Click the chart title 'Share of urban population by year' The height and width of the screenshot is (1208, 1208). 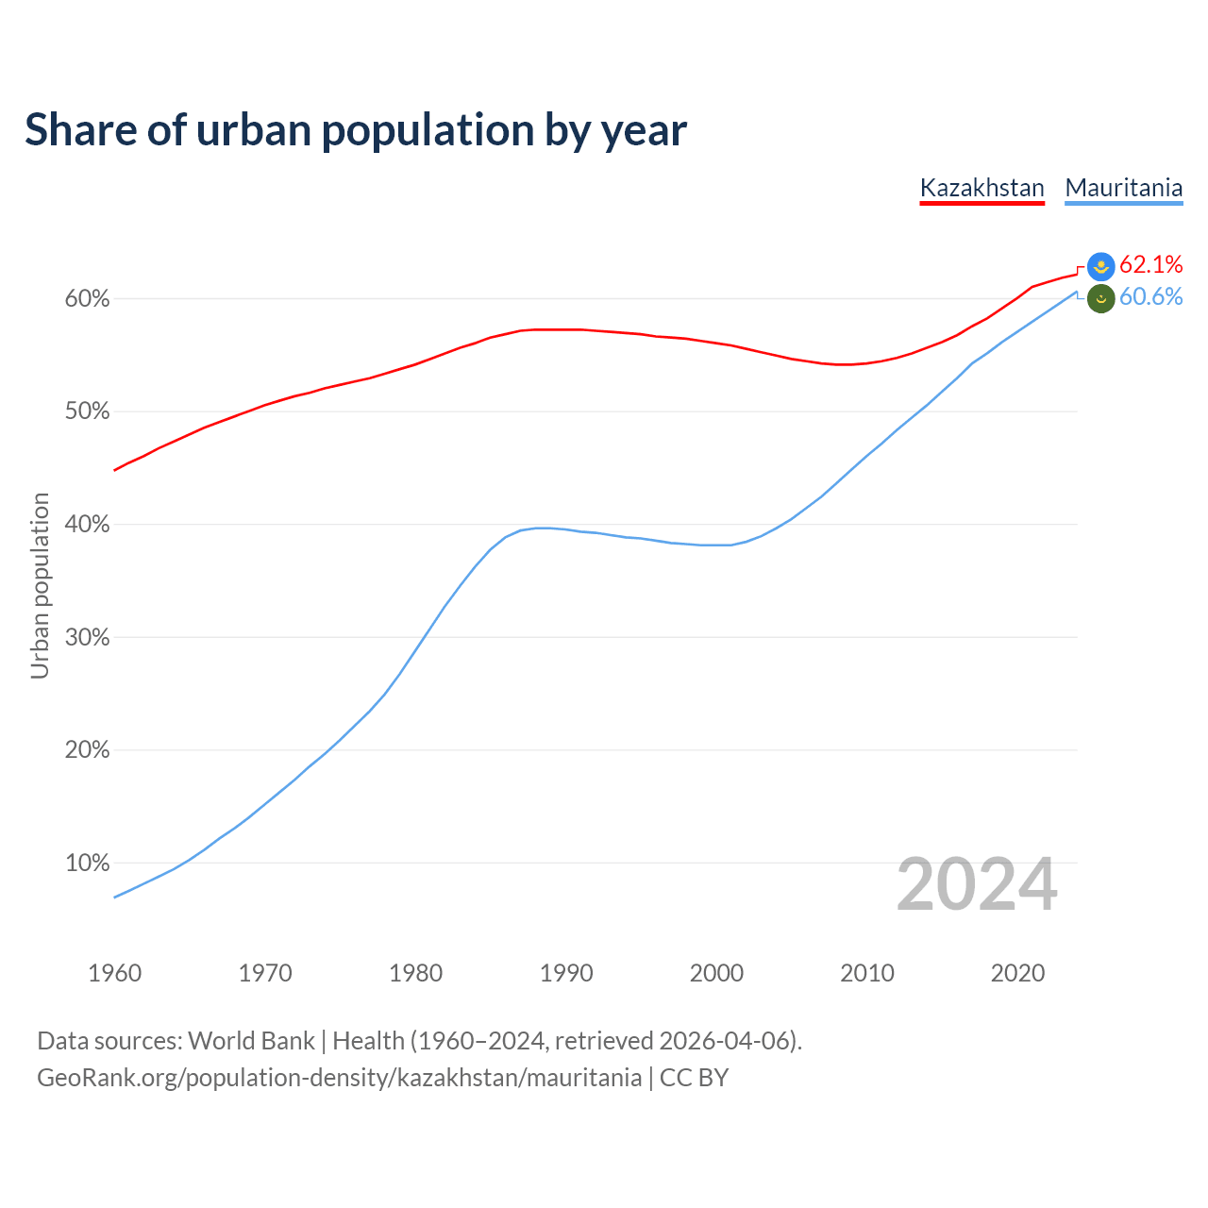356,130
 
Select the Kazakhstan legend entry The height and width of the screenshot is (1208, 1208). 981,188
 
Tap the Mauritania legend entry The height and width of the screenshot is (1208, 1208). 1123,188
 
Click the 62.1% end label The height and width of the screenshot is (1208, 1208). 1150,264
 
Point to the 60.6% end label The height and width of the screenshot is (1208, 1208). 1150,297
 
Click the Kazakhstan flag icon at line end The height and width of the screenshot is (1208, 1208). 1101,266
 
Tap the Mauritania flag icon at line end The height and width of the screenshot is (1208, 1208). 1101,298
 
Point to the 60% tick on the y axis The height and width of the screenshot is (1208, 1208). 87,299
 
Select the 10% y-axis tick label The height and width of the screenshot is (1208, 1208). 87,864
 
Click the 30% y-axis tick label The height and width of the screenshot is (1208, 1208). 87,638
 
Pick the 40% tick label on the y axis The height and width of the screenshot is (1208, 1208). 87,525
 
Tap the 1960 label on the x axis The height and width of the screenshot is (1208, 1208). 114,973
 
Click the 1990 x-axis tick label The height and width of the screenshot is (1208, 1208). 566,973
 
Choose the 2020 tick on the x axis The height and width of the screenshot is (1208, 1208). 1017,973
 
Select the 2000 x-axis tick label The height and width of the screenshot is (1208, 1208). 716,973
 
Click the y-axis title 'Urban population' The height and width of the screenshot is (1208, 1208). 40,585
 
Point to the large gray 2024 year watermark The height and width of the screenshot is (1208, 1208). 977,884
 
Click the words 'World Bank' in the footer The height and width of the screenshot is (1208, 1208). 251,1041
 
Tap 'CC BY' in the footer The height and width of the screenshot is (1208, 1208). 694,1078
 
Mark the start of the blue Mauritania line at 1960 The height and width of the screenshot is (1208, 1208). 115,897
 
